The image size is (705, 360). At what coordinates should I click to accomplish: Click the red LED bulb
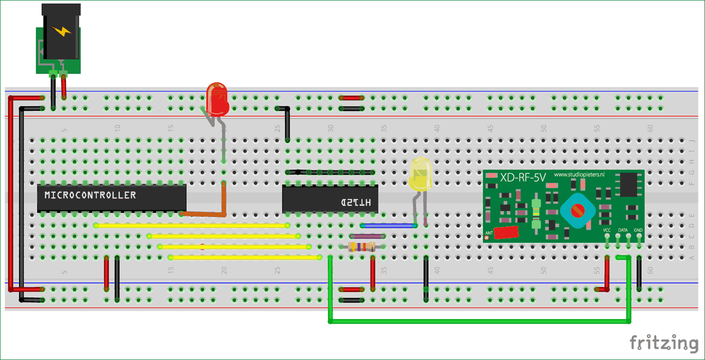(x=218, y=99)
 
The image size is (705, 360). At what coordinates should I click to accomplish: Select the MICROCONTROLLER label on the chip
(x=90, y=195)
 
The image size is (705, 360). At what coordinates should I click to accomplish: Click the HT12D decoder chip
(x=330, y=199)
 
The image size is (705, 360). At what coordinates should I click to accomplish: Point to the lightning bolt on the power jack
(x=62, y=31)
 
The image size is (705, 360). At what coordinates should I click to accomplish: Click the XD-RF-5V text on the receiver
(x=523, y=177)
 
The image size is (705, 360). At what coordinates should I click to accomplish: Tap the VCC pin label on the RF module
(x=607, y=230)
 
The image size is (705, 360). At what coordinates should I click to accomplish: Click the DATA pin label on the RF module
(x=623, y=230)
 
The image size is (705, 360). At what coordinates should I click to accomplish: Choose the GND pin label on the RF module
(x=639, y=230)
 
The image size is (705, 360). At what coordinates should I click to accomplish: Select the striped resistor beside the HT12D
(x=362, y=247)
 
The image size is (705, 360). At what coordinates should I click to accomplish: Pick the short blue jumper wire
(x=389, y=226)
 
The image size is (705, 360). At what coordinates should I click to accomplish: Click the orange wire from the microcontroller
(x=211, y=214)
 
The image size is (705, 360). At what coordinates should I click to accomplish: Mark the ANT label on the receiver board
(x=488, y=233)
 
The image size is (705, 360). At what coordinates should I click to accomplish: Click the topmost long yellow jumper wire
(x=191, y=226)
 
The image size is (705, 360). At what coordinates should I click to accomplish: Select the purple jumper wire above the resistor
(x=368, y=236)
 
